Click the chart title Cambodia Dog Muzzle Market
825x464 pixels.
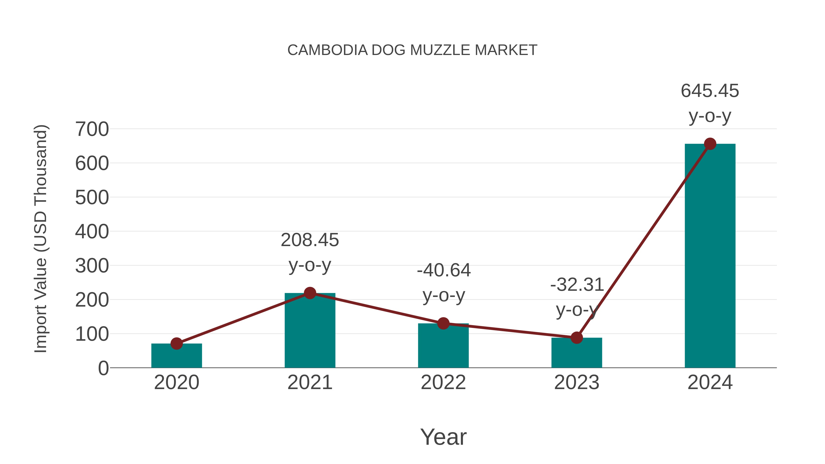(x=412, y=50)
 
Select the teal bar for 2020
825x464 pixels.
(x=176, y=357)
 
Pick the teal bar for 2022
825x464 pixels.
(x=443, y=347)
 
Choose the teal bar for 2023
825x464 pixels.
(x=577, y=354)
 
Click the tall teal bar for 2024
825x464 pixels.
(x=710, y=256)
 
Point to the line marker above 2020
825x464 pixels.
(x=176, y=344)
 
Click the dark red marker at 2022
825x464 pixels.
(x=443, y=323)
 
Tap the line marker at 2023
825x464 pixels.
(x=577, y=338)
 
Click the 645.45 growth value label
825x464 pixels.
(x=710, y=91)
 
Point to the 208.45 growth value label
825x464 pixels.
(x=310, y=240)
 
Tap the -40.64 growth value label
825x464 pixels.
(x=444, y=270)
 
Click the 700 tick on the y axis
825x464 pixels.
(x=92, y=129)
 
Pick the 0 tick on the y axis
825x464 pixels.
(x=103, y=368)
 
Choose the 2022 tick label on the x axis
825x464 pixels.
(x=443, y=382)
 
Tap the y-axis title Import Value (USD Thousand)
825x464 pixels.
(x=41, y=239)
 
